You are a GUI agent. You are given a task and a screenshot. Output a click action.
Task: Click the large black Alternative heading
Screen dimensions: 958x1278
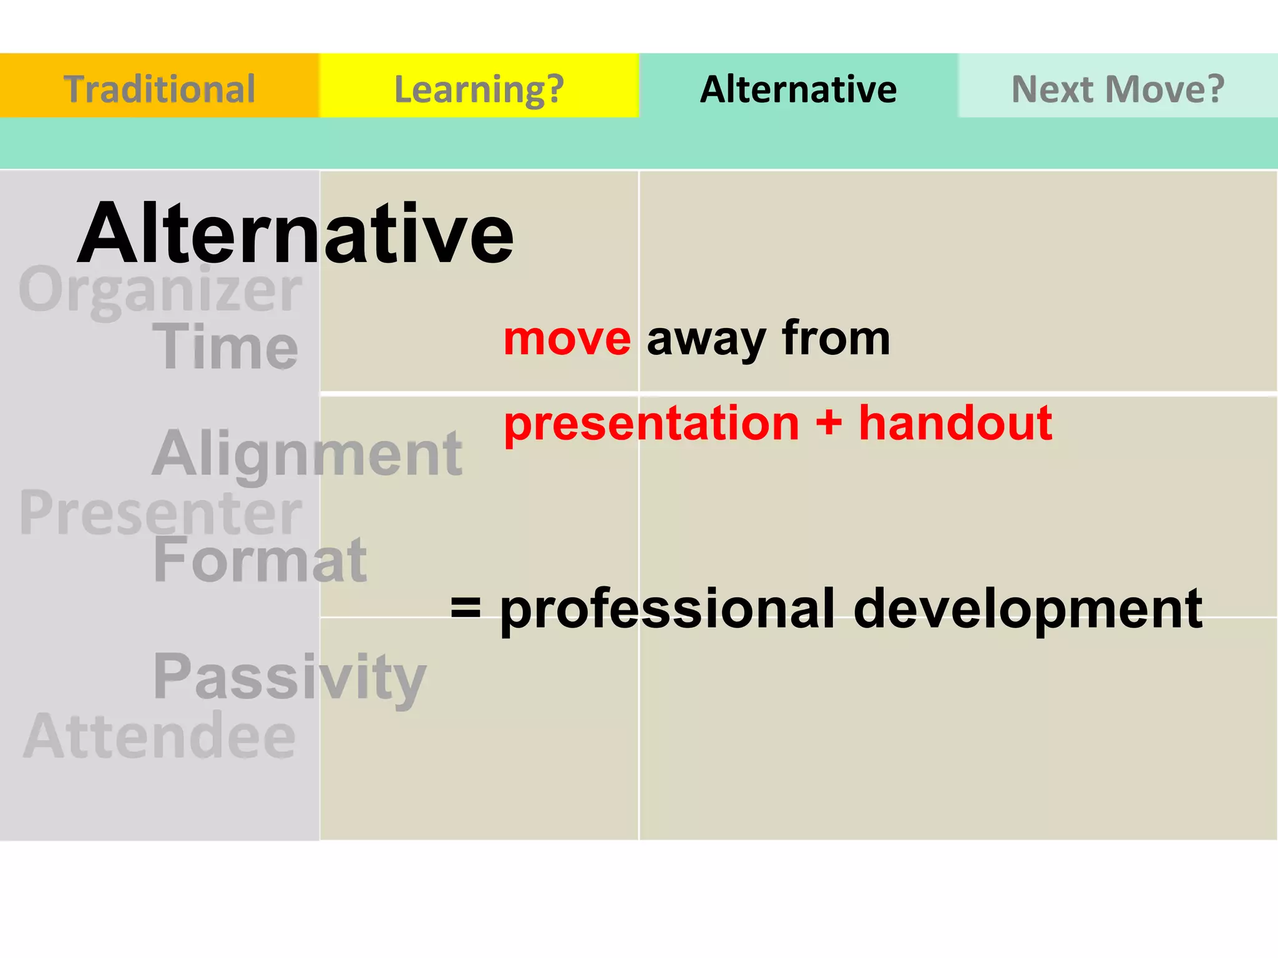click(295, 234)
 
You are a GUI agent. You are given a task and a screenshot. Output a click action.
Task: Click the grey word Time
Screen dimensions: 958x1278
click(225, 347)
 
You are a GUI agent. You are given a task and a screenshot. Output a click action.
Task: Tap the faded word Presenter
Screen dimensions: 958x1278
click(160, 513)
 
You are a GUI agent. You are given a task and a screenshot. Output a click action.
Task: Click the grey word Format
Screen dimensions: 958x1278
click(260, 560)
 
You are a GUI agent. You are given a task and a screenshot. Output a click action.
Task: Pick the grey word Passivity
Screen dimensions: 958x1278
click(290, 677)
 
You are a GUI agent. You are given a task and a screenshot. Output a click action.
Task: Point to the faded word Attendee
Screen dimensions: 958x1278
click(160, 736)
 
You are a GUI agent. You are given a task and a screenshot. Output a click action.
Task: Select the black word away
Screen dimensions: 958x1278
click(706, 340)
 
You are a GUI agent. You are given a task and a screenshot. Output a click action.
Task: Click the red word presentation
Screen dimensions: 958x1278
click(651, 424)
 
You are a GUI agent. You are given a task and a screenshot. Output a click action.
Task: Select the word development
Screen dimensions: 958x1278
click(1027, 610)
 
